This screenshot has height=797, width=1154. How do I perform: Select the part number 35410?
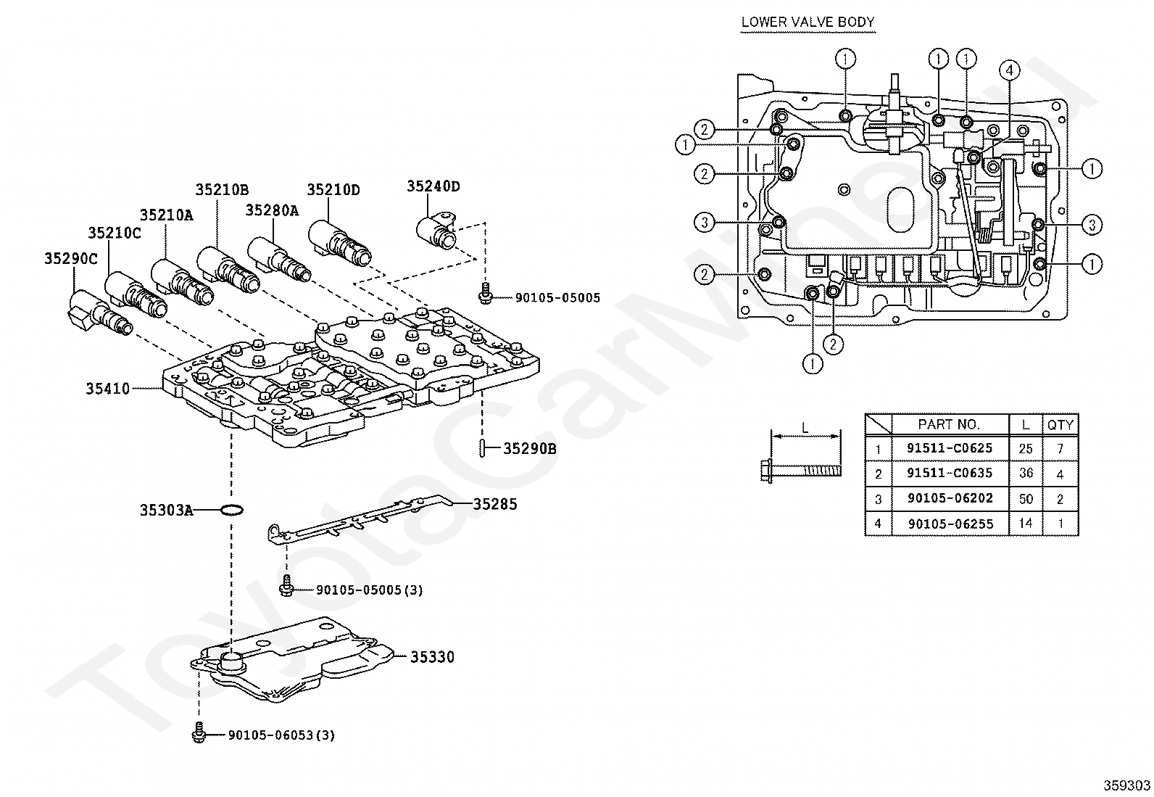(x=107, y=389)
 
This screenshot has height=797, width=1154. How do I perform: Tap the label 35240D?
(x=433, y=186)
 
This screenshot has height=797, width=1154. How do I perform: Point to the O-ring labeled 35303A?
(x=231, y=510)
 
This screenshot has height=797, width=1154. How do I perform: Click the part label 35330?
(x=432, y=657)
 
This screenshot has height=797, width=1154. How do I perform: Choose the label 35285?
(x=495, y=504)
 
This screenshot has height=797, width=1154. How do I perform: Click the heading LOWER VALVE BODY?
(x=808, y=22)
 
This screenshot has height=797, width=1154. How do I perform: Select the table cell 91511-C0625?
(x=950, y=448)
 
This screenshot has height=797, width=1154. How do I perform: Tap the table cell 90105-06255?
(x=950, y=524)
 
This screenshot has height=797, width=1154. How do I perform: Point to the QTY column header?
(x=1060, y=425)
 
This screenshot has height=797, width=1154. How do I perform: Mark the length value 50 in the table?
(x=1026, y=499)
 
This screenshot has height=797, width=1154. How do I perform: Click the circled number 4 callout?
(x=1009, y=70)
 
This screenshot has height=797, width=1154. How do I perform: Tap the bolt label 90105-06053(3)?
(x=281, y=735)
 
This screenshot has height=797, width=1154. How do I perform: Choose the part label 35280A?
(x=272, y=210)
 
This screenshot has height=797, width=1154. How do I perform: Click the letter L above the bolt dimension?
(x=805, y=428)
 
